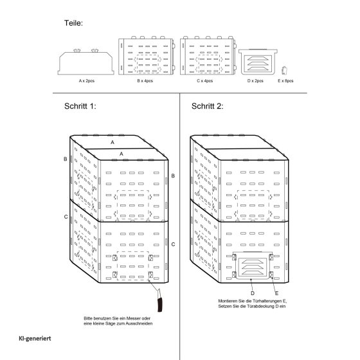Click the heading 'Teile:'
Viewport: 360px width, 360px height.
click(x=73, y=23)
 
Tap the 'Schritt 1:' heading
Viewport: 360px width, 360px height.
click(x=80, y=106)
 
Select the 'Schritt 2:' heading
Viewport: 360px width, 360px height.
click(x=207, y=106)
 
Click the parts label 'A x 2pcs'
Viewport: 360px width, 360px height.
click(x=87, y=81)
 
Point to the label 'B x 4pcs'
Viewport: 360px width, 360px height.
click(x=145, y=81)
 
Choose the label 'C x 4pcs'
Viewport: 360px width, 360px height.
click(x=205, y=81)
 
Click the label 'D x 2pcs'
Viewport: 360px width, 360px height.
click(x=255, y=81)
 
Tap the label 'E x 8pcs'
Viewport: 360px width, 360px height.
click(x=285, y=81)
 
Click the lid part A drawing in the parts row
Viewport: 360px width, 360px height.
click(x=86, y=62)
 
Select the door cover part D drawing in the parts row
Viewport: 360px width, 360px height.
click(x=258, y=62)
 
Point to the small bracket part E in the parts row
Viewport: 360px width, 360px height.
click(x=285, y=70)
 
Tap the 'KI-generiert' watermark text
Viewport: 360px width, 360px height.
click(x=35, y=338)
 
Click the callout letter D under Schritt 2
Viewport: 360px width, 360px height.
click(x=253, y=293)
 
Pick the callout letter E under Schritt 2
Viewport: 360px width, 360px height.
click(x=276, y=293)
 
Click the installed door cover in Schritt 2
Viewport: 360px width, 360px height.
click(x=252, y=265)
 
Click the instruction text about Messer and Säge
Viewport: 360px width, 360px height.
click(x=118, y=321)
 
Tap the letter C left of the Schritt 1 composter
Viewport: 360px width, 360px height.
click(x=66, y=217)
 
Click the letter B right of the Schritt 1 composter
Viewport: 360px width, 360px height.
click(x=173, y=176)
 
